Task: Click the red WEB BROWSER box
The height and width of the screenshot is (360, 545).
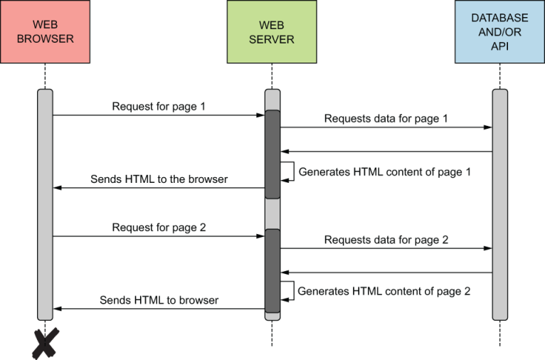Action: click(x=45, y=32)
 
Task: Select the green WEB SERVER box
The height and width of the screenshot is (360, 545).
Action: click(x=272, y=32)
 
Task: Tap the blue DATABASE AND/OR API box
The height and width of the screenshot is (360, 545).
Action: click(x=499, y=32)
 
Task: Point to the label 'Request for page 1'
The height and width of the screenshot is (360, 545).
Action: click(x=159, y=107)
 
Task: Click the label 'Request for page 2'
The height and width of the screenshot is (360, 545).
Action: click(x=159, y=228)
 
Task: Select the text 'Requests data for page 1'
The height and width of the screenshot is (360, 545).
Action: click(x=386, y=119)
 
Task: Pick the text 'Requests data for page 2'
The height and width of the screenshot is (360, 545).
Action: click(x=386, y=240)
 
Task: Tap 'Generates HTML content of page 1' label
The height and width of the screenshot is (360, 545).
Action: click(x=384, y=171)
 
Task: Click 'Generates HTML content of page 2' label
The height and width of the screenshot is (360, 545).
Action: click(x=384, y=291)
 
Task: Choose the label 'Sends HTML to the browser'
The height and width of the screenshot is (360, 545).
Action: click(x=159, y=179)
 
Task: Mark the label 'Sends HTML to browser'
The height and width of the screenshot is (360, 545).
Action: click(x=159, y=300)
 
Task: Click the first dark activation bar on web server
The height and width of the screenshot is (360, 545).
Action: click(x=272, y=154)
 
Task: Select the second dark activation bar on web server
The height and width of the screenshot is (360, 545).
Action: click(x=272, y=270)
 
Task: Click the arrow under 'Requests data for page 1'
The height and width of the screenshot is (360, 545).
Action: click(x=386, y=128)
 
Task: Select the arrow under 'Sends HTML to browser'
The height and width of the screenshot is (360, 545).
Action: click(x=159, y=309)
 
